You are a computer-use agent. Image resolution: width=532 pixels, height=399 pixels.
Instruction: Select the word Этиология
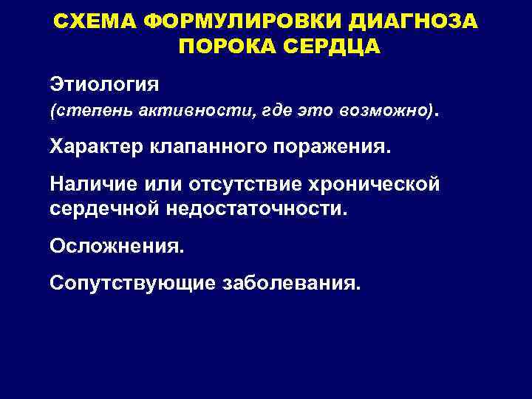click(103, 81)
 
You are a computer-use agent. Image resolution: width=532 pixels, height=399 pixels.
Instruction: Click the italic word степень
click(86, 110)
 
